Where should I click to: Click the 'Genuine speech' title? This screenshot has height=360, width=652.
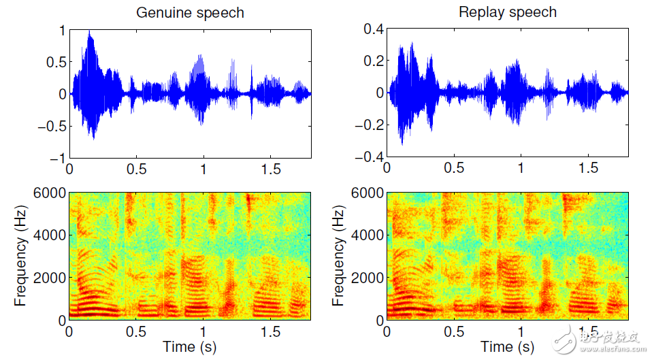click(190, 13)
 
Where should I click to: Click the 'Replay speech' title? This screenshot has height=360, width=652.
click(508, 12)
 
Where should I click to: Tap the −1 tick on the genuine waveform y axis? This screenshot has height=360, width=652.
click(57, 158)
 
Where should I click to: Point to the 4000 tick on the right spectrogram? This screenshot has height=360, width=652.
click(368, 235)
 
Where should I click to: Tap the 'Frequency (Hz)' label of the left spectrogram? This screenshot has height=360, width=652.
click(20, 256)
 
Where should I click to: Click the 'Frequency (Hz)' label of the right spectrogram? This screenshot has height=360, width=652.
click(339, 256)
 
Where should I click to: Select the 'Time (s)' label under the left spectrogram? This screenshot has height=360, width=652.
click(189, 347)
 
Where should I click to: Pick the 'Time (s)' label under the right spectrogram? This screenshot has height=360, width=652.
click(507, 347)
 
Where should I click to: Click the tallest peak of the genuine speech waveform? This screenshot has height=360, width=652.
click(89, 33)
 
